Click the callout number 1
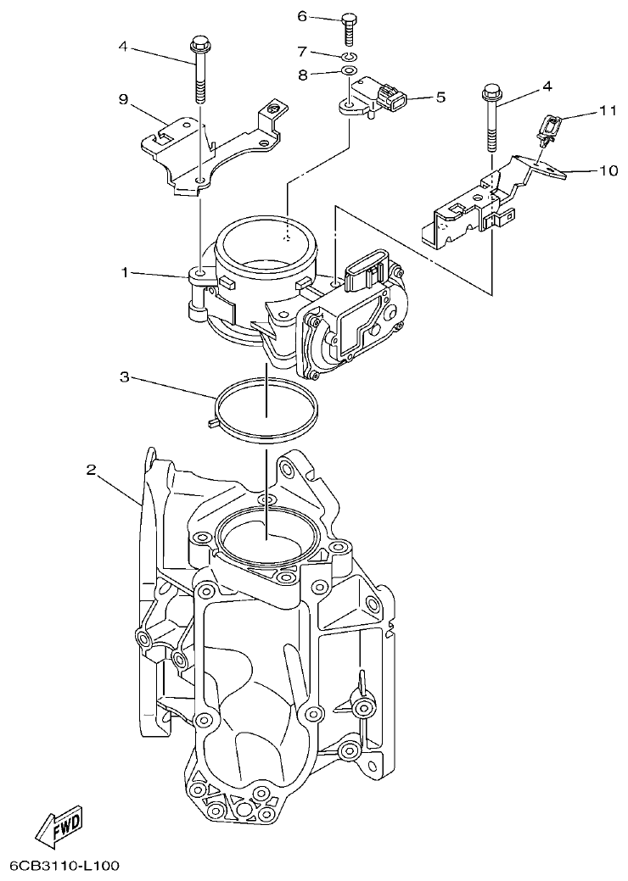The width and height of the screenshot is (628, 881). [x=124, y=272]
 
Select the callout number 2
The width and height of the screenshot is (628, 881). [x=91, y=469]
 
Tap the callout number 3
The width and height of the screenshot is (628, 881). [x=124, y=376]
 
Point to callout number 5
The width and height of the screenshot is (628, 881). [x=440, y=98]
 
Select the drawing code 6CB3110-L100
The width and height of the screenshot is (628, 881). [x=64, y=867]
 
